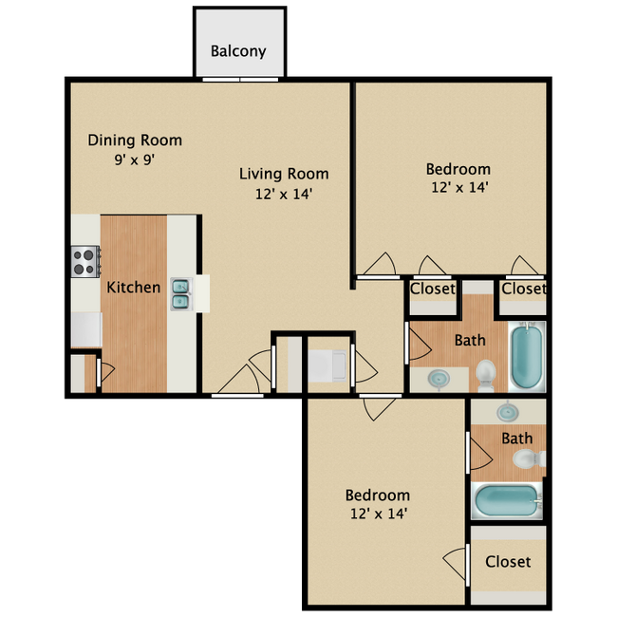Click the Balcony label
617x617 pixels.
tap(238, 51)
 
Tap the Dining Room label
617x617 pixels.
tap(135, 140)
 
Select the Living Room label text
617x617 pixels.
tap(284, 174)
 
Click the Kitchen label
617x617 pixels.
tap(133, 287)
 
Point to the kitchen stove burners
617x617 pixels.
tap(85, 261)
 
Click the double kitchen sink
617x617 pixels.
tap(180, 294)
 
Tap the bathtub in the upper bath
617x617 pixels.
tap(527, 357)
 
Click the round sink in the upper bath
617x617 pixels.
tap(439, 378)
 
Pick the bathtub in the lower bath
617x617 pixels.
tap(506, 499)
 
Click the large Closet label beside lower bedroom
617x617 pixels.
tap(508, 561)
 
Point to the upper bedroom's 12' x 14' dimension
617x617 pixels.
tap(458, 187)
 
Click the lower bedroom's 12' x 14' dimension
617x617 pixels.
tap(377, 514)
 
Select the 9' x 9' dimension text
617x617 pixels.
tap(134, 159)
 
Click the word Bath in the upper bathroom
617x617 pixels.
tap(470, 340)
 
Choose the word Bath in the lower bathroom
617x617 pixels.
tap(517, 438)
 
